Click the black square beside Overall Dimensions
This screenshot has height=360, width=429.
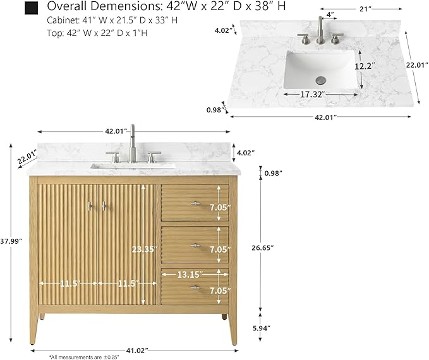(31, 8)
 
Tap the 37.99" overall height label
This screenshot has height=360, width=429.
(11, 241)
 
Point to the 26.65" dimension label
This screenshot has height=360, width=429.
(263, 248)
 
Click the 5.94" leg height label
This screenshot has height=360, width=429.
(262, 328)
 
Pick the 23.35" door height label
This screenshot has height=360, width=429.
(145, 249)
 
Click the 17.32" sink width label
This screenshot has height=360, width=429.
(313, 95)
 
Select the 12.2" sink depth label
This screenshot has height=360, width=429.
(365, 66)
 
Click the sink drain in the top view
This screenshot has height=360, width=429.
(321, 80)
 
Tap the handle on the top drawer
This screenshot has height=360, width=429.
(195, 203)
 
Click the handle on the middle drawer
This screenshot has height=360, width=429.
(195, 246)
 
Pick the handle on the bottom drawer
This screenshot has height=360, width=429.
(195, 287)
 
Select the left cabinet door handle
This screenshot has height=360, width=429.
(90, 207)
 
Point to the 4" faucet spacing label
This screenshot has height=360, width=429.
(330, 15)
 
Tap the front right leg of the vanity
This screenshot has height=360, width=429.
(233, 328)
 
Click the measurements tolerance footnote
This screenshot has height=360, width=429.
(84, 357)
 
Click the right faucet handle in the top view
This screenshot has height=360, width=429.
(336, 39)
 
